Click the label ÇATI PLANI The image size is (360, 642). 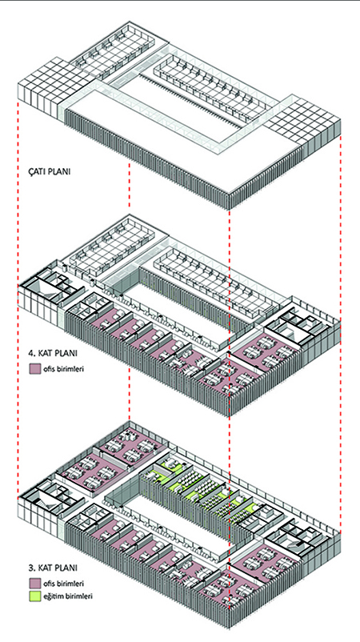pyautogui.click(x=49, y=171)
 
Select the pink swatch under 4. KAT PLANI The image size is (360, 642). pyautogui.click(x=34, y=369)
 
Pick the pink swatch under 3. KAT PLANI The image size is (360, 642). pyautogui.click(x=34, y=583)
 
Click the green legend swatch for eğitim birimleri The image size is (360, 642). pyautogui.click(x=34, y=596)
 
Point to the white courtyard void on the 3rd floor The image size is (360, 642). pyautogui.click(x=177, y=520)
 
